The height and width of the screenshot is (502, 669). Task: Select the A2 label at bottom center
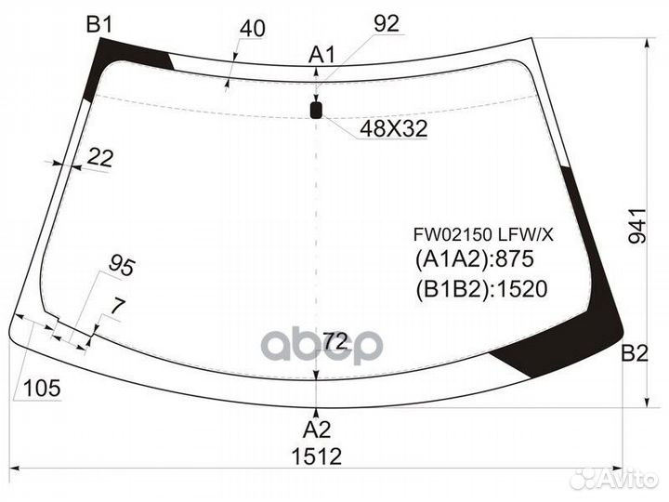318,429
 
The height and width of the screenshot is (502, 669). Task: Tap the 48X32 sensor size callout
393,129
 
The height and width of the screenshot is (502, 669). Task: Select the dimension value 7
117,305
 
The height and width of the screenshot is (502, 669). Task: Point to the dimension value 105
40,389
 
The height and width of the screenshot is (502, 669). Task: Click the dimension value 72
336,342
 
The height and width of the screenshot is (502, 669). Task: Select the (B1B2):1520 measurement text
479,288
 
